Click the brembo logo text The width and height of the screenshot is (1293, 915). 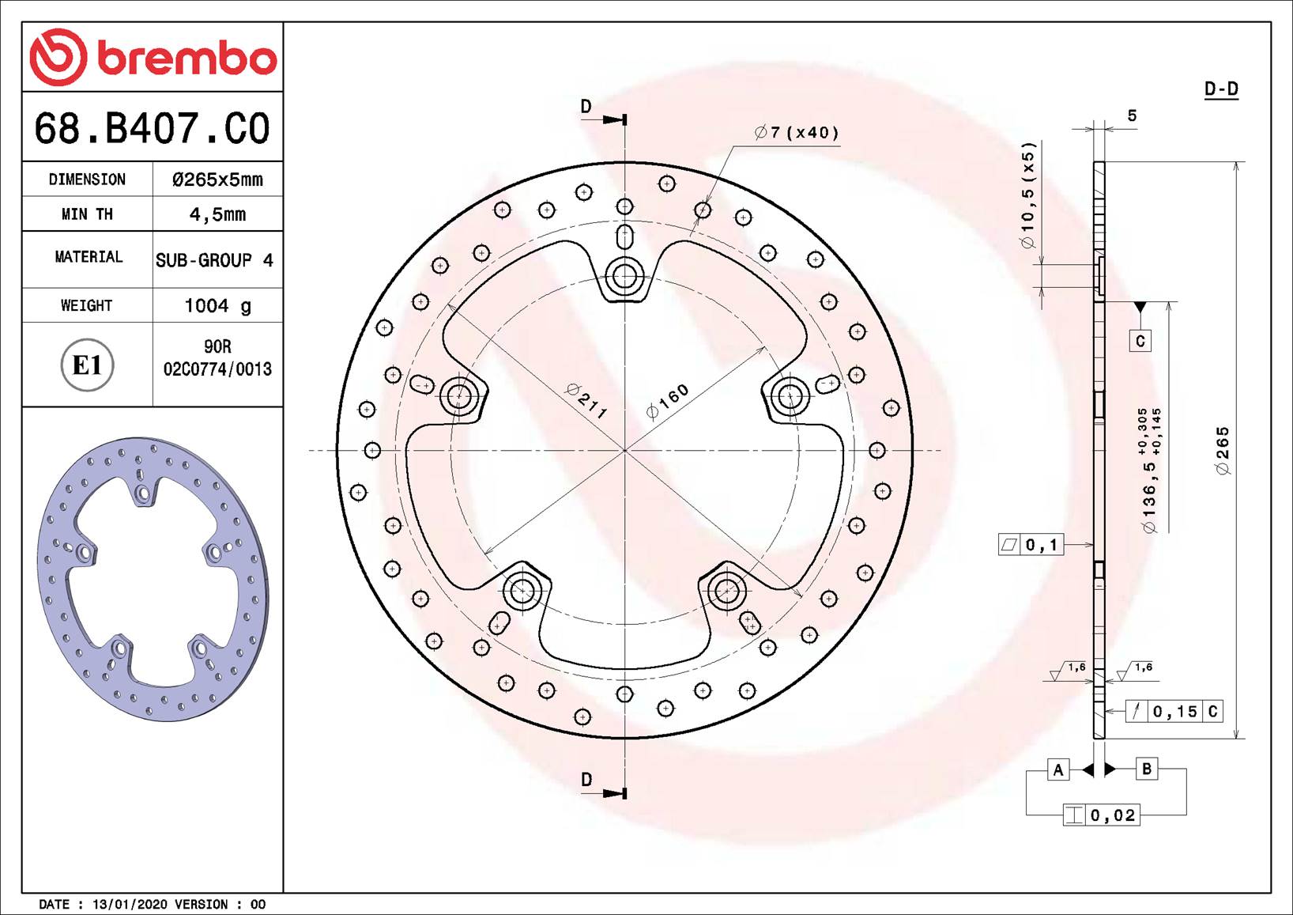point(187,59)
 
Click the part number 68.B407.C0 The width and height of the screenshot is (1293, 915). point(152,128)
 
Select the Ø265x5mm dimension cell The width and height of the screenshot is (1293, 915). point(217,180)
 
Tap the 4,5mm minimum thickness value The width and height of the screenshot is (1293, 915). point(217,214)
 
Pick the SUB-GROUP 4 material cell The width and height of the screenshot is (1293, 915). point(214,260)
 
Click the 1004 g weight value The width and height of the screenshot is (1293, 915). point(217,305)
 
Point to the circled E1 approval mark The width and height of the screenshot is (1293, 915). point(87,365)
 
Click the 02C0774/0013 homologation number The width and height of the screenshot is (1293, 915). point(217,369)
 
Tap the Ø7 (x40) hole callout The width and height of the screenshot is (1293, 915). point(797,133)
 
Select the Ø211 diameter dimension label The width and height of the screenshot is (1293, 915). point(586,401)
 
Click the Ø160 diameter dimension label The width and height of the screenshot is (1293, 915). point(668,400)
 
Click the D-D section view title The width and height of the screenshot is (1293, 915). point(1221,89)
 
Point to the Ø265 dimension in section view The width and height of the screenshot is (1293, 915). point(1223,451)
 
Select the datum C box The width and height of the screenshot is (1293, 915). point(1140,341)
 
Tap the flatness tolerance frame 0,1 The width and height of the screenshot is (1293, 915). point(1031,545)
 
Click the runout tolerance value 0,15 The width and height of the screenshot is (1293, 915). point(1174,712)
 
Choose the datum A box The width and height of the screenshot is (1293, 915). point(1058,769)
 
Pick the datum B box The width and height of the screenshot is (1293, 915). point(1146,769)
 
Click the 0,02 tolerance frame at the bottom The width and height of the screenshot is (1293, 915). point(1102,815)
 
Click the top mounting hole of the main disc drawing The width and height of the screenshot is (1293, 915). point(624,276)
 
